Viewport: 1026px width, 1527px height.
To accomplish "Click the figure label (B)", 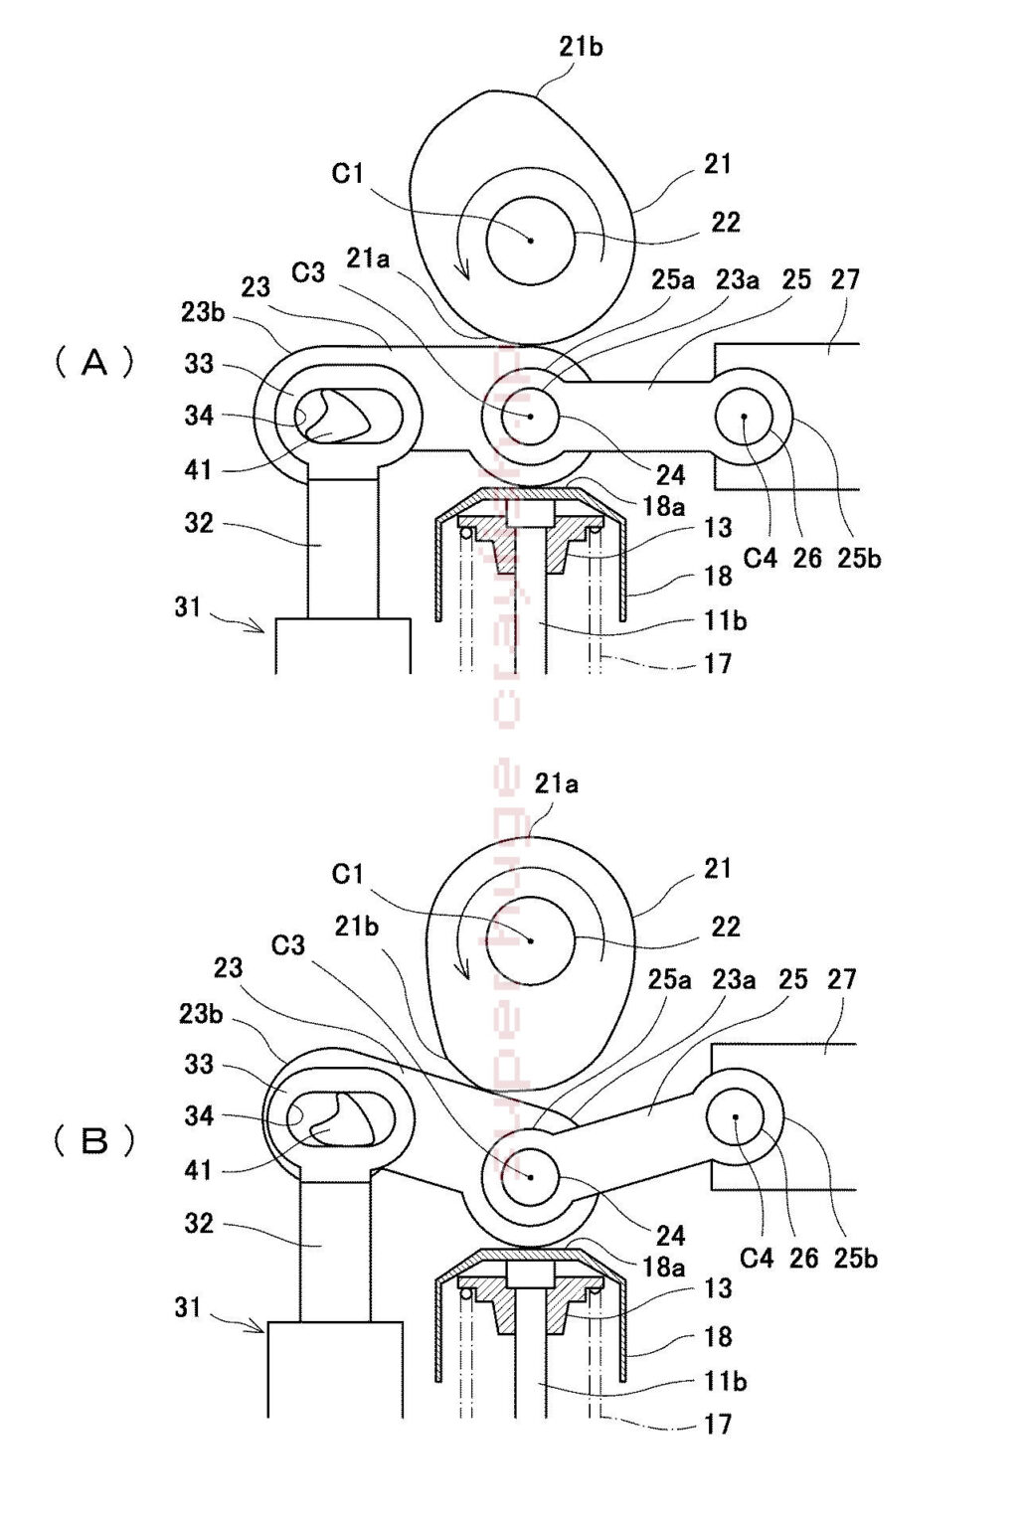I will point(94,1140).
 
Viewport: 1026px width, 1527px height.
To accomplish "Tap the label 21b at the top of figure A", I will point(581,46).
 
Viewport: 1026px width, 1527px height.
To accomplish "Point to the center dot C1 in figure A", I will point(531,240).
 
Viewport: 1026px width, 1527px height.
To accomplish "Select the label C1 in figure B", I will point(348,874).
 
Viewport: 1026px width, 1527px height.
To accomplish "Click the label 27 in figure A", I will point(844,279).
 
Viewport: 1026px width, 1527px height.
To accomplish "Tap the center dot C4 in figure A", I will point(744,417).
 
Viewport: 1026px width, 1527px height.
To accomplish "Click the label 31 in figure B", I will point(188,1307).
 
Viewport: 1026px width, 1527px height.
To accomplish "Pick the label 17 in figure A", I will point(718,662).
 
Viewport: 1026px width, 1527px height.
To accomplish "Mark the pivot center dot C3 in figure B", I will point(531,1176).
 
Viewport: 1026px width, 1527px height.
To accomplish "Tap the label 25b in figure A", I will point(857,558).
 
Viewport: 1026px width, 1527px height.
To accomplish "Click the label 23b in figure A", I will point(203,312).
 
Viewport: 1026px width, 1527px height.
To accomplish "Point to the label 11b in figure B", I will point(725,1381).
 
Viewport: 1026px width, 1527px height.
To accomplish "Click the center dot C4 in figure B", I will point(735,1117).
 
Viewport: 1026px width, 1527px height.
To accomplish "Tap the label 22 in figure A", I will point(726,222).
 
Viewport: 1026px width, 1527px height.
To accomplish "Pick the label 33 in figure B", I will point(199,1064).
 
